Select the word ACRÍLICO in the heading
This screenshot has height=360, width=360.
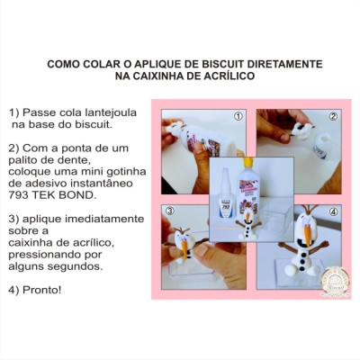tap(229, 76)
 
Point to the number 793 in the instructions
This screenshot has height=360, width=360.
tap(18, 195)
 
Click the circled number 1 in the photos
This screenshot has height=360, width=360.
tap(238, 116)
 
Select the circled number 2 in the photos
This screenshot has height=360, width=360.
tap(333, 116)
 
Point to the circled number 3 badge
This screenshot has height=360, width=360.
tap(170, 211)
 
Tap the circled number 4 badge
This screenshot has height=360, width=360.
tap(333, 211)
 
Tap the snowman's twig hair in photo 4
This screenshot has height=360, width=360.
tap(310, 209)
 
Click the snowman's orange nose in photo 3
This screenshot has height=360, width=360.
tap(184, 247)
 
